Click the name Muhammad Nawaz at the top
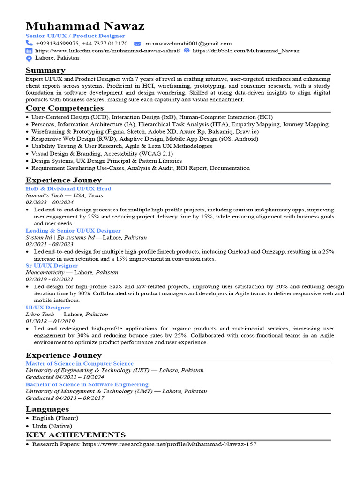[85, 26]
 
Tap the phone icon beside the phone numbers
[29, 44]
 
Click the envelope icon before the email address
[137, 44]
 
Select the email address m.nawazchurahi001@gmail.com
[188, 44]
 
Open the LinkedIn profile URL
[108, 51]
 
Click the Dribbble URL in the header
[246, 51]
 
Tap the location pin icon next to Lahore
[29, 58]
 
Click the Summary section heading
[45, 70]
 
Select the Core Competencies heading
[65, 108]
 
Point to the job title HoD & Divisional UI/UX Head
[68, 188]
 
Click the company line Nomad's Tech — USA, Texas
[64, 195]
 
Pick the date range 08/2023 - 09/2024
[49, 202]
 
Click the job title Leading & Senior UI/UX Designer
[73, 231]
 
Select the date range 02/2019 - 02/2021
[49, 279]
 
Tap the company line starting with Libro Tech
[67, 315]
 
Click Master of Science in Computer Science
[80, 363]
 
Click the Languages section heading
[47, 409]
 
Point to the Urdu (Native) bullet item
[52, 426]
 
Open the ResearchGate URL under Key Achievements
[169, 444]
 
